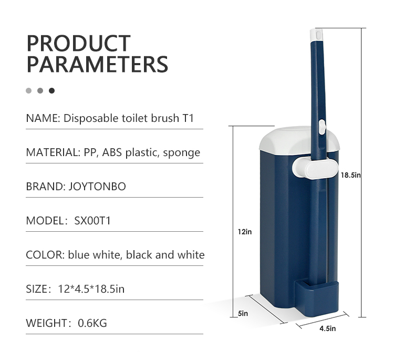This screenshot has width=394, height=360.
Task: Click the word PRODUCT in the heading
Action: click(x=78, y=43)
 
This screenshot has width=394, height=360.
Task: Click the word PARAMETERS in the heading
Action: click(x=97, y=64)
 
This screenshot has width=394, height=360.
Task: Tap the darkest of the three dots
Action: click(x=52, y=90)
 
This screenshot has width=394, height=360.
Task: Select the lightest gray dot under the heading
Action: click(x=29, y=90)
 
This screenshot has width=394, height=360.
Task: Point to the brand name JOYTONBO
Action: click(x=97, y=187)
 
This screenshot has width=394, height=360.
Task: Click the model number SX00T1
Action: click(x=92, y=221)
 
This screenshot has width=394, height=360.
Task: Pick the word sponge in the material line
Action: click(x=181, y=153)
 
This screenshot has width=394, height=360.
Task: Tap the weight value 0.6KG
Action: click(x=92, y=323)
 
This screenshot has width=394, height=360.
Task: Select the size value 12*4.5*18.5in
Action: click(x=91, y=289)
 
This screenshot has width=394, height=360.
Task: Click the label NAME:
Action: click(x=43, y=118)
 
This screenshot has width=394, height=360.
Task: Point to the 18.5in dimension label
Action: click(x=350, y=175)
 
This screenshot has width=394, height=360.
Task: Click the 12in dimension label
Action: click(x=245, y=232)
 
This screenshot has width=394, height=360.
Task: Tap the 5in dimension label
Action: click(x=243, y=314)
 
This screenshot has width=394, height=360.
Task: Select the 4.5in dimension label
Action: click(x=328, y=328)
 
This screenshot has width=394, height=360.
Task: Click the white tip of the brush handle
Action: click(x=316, y=35)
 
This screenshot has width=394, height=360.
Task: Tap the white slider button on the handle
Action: click(x=322, y=127)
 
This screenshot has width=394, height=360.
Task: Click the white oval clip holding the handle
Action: click(x=315, y=169)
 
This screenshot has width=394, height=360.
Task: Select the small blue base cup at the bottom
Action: click(x=317, y=299)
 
